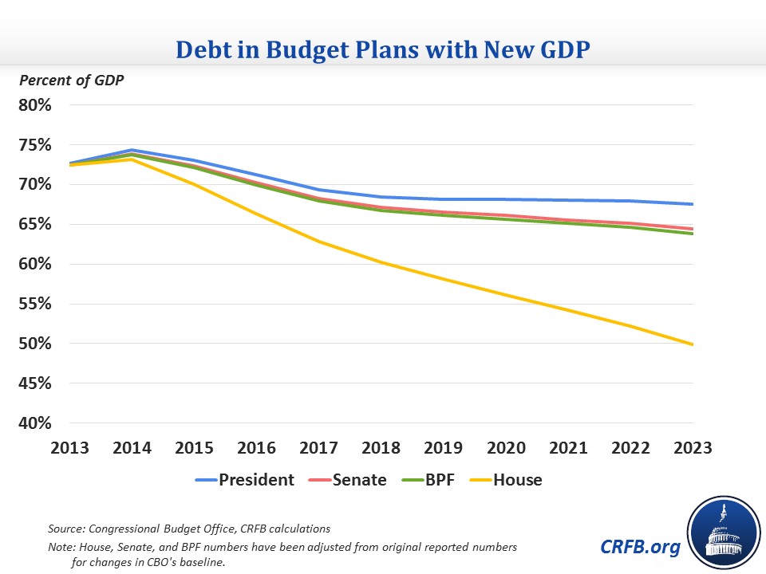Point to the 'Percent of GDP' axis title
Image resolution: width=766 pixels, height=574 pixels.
(73, 80)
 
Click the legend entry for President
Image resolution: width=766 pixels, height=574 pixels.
(246, 480)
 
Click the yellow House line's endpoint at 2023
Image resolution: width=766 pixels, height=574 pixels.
(693, 344)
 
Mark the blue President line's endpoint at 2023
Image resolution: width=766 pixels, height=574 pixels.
(693, 204)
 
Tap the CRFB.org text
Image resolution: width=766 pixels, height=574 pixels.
(640, 547)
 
